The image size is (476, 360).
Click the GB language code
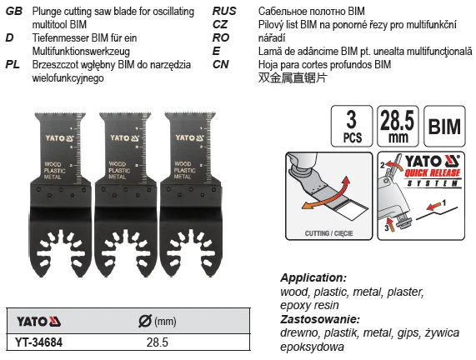click(14, 11)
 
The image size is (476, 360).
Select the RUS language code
click(224, 11)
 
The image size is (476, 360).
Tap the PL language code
click(13, 64)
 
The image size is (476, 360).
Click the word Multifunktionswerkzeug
click(81, 52)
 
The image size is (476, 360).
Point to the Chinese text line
click(293, 77)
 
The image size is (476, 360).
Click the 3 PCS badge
click(352, 126)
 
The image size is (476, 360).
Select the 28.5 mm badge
click(398, 126)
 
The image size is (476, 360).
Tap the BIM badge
click(444, 126)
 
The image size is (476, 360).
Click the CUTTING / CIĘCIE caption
click(328, 233)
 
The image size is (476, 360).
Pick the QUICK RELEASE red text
click(433, 173)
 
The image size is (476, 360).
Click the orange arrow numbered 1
click(433, 207)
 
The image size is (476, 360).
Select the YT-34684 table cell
click(39, 342)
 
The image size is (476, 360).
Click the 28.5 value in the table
click(158, 342)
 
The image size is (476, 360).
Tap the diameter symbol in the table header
click(145, 321)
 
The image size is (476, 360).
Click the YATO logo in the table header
click(38, 322)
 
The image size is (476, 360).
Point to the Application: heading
click(313, 277)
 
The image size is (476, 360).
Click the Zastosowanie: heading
click(320, 319)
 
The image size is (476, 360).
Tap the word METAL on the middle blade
click(118, 177)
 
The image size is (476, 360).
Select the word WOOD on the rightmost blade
click(183, 164)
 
